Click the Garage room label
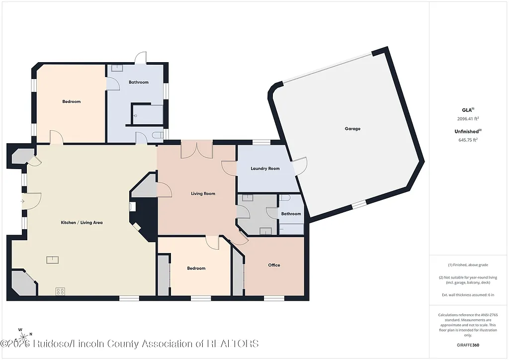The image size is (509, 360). (352, 129)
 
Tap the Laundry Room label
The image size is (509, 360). (265, 169)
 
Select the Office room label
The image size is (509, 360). (274, 265)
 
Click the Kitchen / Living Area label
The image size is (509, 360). (82, 222)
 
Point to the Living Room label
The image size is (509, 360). (203, 193)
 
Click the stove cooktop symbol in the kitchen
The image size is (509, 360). (61, 291)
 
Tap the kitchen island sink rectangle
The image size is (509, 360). (53, 259)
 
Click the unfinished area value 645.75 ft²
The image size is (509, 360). (467, 140)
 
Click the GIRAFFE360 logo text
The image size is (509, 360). (469, 345)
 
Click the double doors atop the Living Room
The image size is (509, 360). (197, 150)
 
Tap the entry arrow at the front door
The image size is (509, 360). (22, 201)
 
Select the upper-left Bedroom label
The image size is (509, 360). (71, 101)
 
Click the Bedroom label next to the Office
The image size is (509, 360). (196, 268)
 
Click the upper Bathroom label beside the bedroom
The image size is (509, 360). (139, 82)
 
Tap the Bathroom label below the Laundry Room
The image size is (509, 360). (291, 214)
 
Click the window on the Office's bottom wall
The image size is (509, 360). (274, 298)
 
